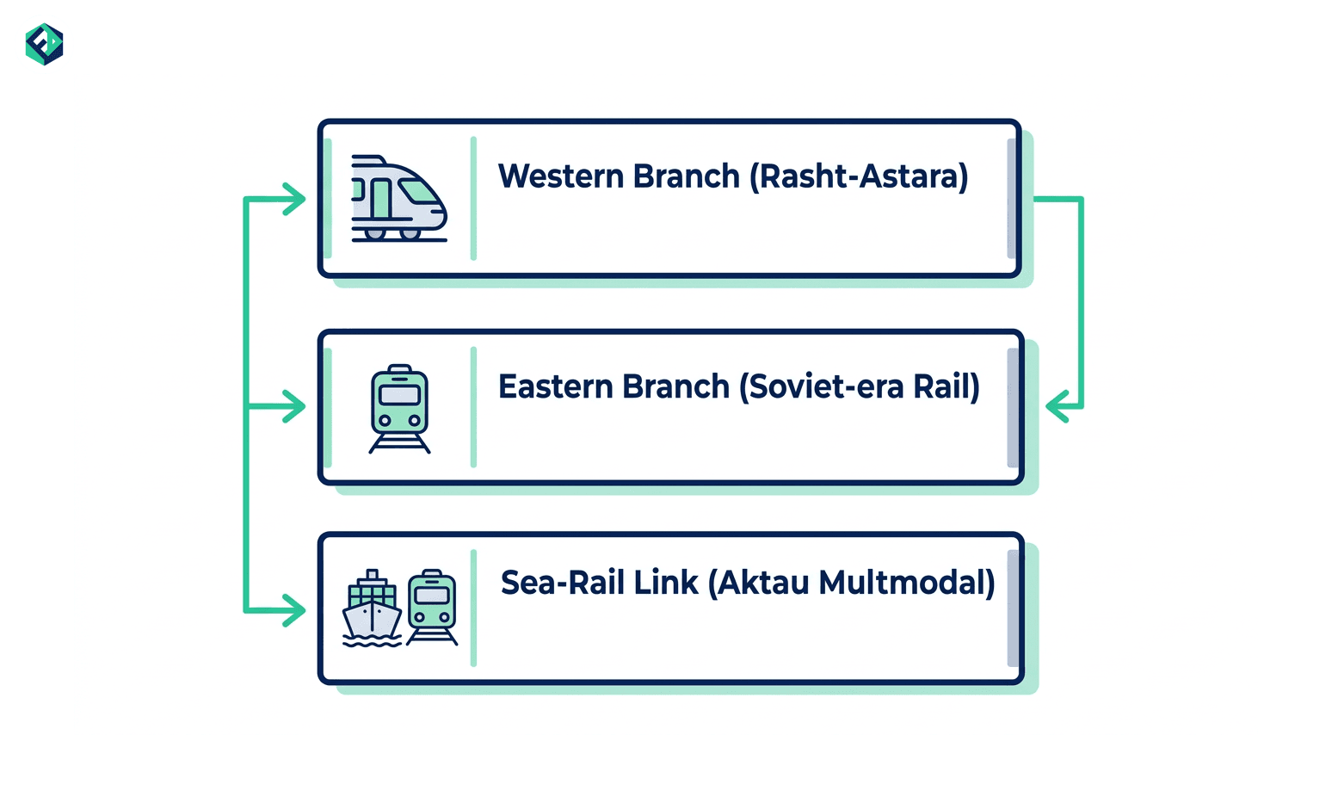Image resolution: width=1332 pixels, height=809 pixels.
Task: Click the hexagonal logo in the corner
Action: (45, 44)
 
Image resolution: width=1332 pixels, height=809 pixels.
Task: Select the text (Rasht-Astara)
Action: (860, 176)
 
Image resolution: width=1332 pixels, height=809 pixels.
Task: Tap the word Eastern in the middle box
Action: (555, 386)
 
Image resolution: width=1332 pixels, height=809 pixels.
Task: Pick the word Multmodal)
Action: (907, 583)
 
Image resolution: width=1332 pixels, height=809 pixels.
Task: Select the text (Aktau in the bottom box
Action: (759, 583)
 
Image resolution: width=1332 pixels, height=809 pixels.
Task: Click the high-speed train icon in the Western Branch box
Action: (399, 199)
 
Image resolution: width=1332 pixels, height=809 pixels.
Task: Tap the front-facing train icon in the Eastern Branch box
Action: (399, 410)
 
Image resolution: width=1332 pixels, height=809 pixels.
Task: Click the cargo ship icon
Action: (373, 608)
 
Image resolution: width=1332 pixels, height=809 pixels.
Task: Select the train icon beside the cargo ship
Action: (432, 608)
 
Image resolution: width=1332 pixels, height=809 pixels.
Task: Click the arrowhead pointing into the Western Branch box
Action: (294, 199)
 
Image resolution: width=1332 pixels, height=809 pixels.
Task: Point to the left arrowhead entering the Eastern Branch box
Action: (294, 406)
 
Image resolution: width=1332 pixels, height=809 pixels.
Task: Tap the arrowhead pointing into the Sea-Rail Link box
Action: (294, 610)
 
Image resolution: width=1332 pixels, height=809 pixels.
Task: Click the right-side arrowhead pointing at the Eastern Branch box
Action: (1058, 406)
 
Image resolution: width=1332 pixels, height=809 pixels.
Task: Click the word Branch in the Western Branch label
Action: (686, 176)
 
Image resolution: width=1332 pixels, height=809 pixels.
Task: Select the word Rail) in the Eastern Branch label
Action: (946, 386)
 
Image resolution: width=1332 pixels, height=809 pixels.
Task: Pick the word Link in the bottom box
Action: (665, 583)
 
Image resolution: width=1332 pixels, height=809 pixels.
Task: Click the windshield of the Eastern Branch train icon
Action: (399, 395)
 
